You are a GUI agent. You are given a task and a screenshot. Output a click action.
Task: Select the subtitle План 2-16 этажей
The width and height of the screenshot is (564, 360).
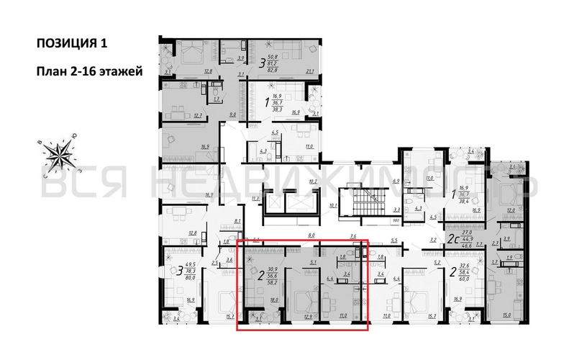(85, 71)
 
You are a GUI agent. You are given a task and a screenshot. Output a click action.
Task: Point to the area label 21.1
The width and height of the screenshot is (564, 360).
(311, 71)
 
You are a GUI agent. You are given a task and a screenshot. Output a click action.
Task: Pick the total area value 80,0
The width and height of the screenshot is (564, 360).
(190, 276)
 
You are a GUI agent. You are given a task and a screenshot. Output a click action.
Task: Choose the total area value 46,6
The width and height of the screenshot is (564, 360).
(468, 246)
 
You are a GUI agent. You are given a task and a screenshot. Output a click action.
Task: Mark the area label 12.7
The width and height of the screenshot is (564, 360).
(178, 115)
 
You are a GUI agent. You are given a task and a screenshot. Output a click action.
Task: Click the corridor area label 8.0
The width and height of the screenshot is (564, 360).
(311, 235)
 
